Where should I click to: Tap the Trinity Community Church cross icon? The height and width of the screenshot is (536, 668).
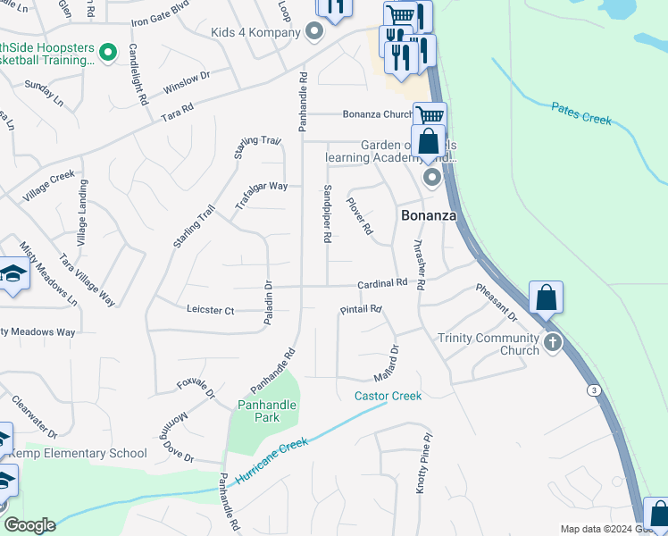(553, 342)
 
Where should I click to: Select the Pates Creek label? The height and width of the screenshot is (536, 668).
(580, 113)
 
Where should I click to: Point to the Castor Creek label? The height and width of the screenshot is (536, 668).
(388, 396)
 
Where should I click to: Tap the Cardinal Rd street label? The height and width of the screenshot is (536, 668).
(382, 283)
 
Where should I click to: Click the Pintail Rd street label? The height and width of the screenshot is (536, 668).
(361, 310)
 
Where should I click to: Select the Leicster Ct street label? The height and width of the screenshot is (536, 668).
(210, 310)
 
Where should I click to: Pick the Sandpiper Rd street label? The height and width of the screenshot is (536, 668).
(327, 215)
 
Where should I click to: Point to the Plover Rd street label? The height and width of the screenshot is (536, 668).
(359, 216)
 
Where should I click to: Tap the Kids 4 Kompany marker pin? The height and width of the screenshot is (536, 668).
(313, 33)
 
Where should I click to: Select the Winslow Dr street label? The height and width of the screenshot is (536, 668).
(186, 84)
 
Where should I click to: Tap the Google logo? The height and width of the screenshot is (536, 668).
(29, 525)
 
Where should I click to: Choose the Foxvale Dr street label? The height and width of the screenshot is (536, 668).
(196, 388)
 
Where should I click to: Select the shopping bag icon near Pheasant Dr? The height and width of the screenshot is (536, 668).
(546, 297)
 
